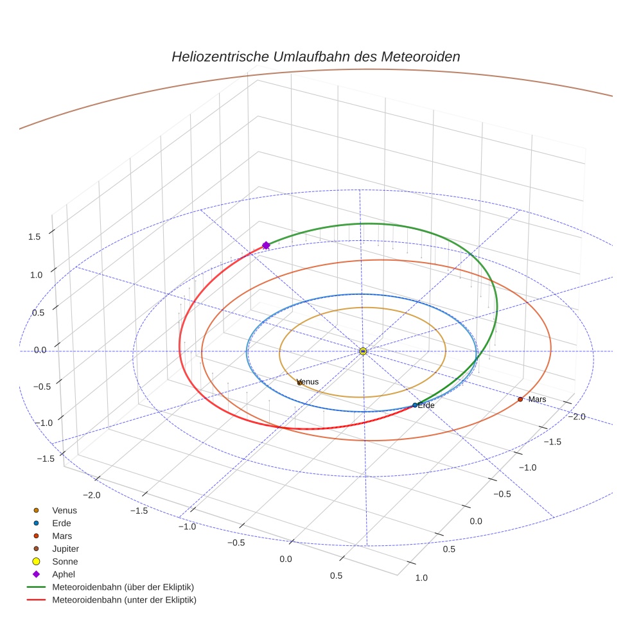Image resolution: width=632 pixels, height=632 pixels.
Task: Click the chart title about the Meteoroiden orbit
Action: pyautogui.click(x=315, y=57)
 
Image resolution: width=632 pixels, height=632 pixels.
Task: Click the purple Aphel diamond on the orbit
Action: pyautogui.click(x=266, y=245)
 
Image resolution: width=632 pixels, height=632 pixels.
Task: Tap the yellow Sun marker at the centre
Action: pyautogui.click(x=363, y=351)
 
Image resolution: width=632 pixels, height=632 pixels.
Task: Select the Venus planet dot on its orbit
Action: pyautogui.click(x=299, y=383)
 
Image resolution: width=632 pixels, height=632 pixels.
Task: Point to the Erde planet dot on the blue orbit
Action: pyautogui.click(x=415, y=405)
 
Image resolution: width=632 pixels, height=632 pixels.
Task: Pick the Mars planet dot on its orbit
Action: pyautogui.click(x=520, y=399)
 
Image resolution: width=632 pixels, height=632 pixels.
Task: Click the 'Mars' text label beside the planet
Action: pyautogui.click(x=537, y=399)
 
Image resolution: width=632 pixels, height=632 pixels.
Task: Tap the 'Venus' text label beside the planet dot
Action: pyautogui.click(x=309, y=382)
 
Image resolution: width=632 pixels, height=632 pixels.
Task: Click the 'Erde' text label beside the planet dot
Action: pyautogui.click(x=426, y=405)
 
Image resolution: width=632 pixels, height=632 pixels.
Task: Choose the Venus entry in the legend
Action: pyautogui.click(x=64, y=511)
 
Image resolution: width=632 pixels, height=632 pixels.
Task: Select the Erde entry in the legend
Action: pyautogui.click(x=62, y=523)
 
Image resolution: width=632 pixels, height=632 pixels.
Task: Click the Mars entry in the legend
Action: pyautogui.click(x=62, y=536)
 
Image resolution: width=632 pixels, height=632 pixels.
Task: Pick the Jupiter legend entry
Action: pyautogui.click(x=65, y=549)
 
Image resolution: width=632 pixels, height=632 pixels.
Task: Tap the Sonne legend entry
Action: pyautogui.click(x=65, y=562)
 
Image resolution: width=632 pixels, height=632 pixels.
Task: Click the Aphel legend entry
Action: pyautogui.click(x=63, y=574)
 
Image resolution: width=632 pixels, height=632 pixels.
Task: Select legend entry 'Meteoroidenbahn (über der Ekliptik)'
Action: pyautogui.click(x=123, y=587)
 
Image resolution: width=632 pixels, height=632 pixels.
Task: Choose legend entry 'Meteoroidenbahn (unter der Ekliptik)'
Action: pyautogui.click(x=124, y=600)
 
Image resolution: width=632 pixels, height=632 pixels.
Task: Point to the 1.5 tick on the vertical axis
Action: pyautogui.click(x=34, y=236)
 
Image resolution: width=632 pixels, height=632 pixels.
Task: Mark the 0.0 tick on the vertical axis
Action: pyautogui.click(x=40, y=350)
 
